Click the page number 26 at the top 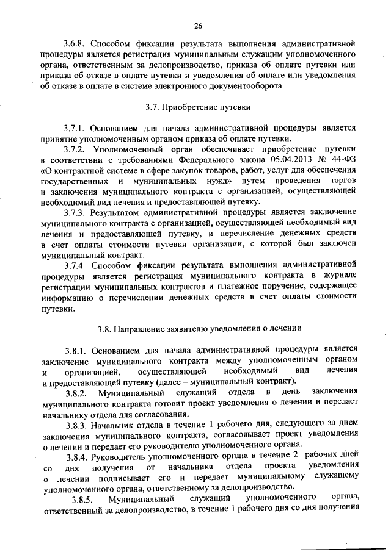pyautogui.click(x=198, y=25)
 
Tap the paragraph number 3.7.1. pyautogui.click(x=76, y=129)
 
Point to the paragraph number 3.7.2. pyautogui.click(x=76, y=149)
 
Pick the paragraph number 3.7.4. pyautogui.click(x=76, y=266)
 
